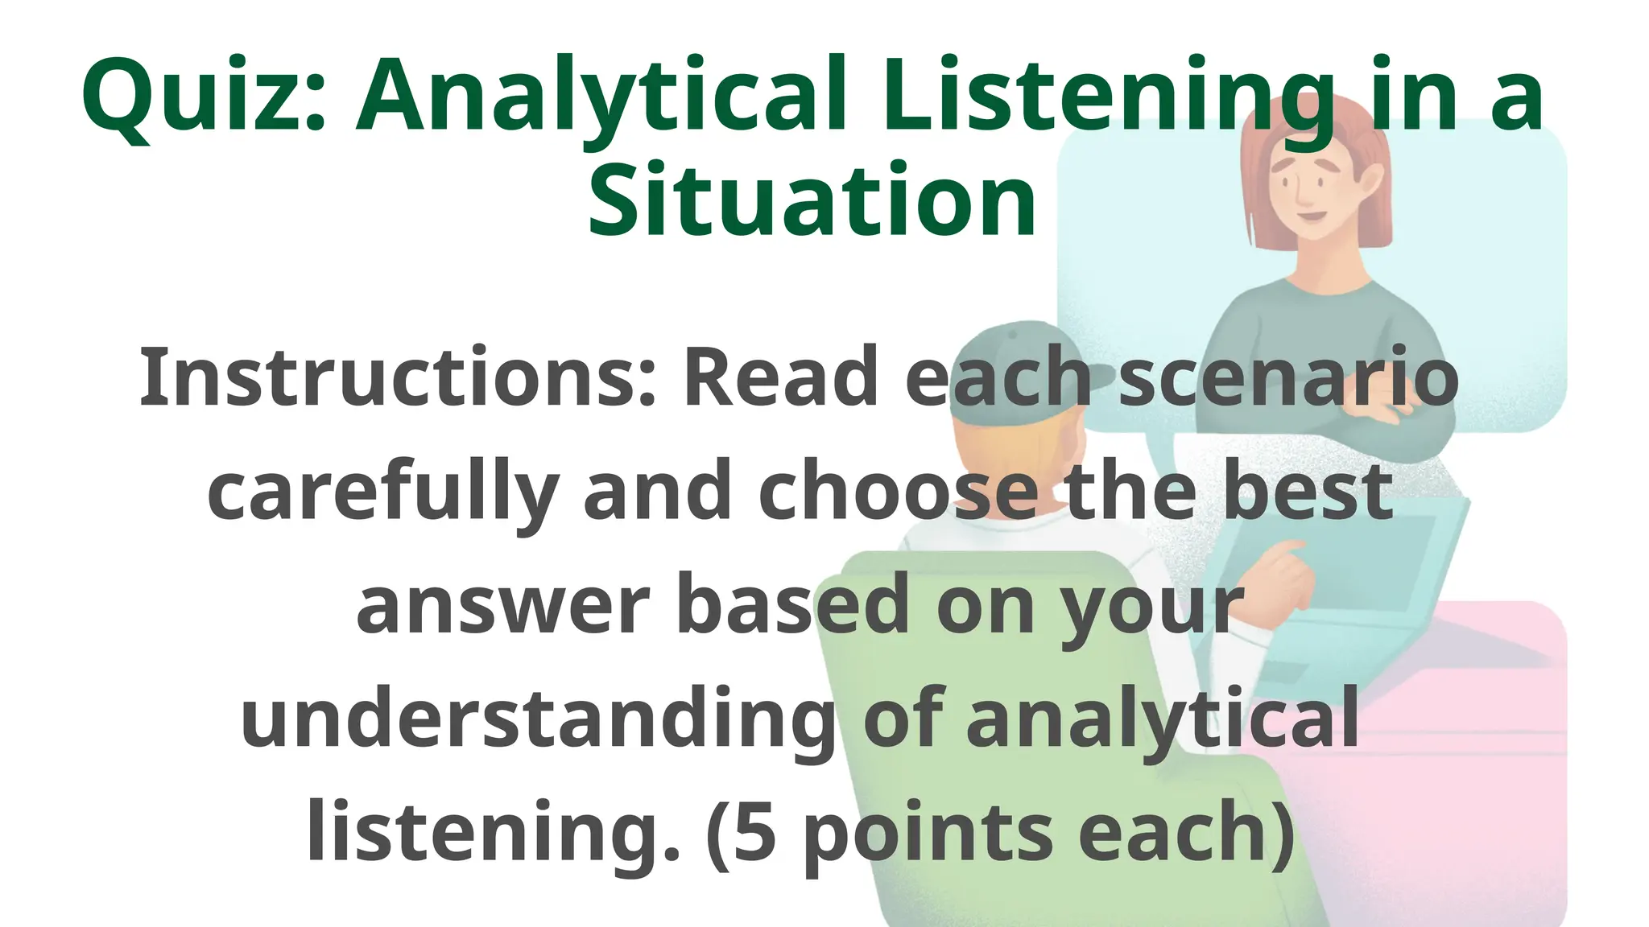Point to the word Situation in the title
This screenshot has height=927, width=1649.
pos(812,201)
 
